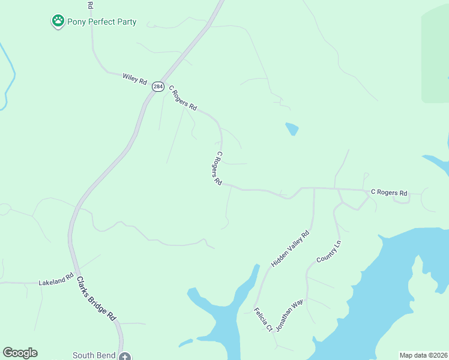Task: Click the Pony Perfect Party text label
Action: click(102, 22)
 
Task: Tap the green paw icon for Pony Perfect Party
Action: click(58, 22)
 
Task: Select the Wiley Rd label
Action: click(134, 78)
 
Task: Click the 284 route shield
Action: click(157, 86)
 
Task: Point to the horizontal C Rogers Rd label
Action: click(388, 193)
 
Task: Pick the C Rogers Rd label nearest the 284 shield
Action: click(182, 98)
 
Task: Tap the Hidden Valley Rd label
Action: click(289, 248)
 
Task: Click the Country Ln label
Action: click(328, 251)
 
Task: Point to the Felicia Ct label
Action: click(263, 320)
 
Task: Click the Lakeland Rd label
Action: click(56, 279)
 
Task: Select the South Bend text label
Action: click(93, 355)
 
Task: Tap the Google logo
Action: click(20, 353)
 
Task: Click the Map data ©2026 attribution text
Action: click(423, 355)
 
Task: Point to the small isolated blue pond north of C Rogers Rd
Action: click(292, 128)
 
